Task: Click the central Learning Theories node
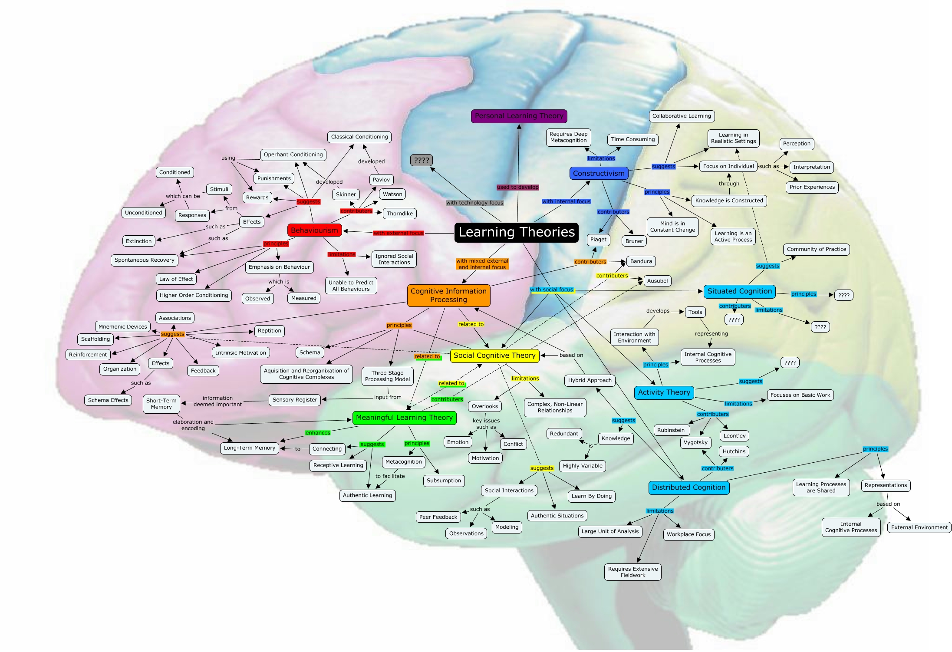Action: click(517, 232)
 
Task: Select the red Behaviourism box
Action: click(314, 230)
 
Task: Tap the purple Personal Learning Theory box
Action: click(519, 116)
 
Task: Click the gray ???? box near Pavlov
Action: click(421, 160)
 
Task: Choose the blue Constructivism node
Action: click(599, 173)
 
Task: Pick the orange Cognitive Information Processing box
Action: click(448, 295)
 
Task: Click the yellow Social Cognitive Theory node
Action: click(494, 356)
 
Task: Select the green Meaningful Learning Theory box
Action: click(404, 418)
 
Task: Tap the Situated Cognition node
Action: click(739, 291)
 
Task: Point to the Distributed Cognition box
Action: click(688, 487)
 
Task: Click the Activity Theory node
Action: click(664, 392)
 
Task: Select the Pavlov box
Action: click(381, 180)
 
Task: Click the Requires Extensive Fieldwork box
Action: click(632, 572)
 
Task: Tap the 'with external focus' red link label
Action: click(398, 233)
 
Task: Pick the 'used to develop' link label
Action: click(517, 187)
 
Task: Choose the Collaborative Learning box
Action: click(682, 116)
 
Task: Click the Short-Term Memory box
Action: click(161, 404)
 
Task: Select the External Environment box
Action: click(919, 527)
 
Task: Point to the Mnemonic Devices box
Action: click(122, 326)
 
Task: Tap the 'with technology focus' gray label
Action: click(474, 203)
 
